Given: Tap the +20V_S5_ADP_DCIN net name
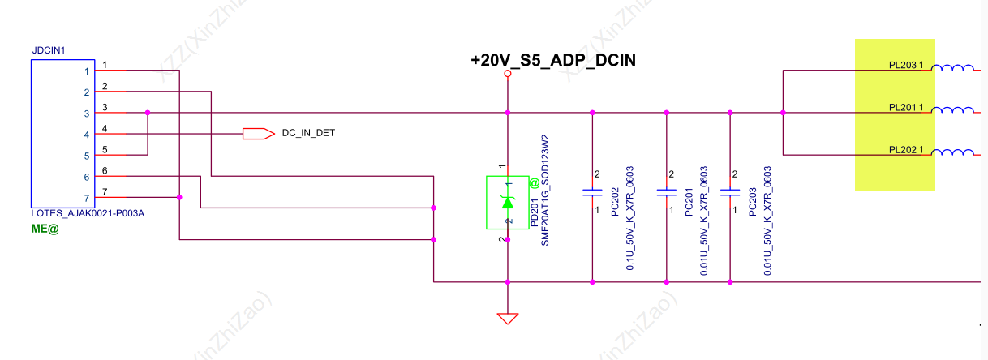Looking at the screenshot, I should [x=552, y=60].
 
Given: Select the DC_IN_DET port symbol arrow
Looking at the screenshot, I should [x=258, y=133].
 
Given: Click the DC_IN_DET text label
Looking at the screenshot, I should [x=308, y=133].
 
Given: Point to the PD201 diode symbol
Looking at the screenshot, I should [x=508, y=202].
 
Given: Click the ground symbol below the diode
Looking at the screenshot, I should [x=508, y=319].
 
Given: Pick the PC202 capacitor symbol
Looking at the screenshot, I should [x=592, y=193].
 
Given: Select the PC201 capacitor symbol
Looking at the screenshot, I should [x=666, y=193].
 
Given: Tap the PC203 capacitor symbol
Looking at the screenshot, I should [x=731, y=193].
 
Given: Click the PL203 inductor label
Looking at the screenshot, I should [x=906, y=64].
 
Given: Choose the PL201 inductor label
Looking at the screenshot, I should [x=906, y=107].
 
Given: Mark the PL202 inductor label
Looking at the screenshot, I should [x=906, y=150].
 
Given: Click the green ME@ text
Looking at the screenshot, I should [x=45, y=229].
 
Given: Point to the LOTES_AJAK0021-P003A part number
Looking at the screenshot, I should [x=88, y=214].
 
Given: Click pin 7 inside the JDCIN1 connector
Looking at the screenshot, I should [x=86, y=198].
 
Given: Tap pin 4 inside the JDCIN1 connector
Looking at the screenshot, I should [x=86, y=135].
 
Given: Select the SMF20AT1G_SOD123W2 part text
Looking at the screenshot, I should [x=546, y=190].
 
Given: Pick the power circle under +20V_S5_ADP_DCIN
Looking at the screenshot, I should [x=508, y=74].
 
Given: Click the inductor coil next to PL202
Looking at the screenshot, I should [x=952, y=152].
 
